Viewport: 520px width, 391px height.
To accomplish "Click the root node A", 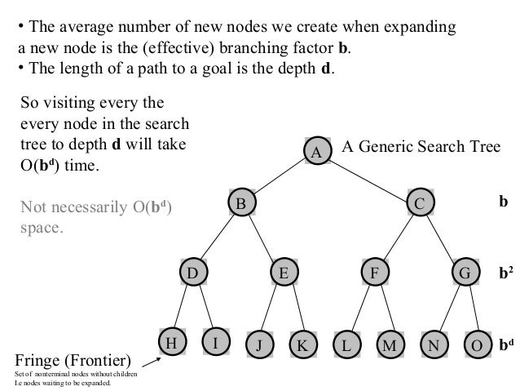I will click(318, 151).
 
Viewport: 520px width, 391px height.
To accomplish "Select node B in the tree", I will click(240, 203).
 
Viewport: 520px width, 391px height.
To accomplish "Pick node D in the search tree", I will click(193, 273).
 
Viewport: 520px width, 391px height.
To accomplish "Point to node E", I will click(284, 273).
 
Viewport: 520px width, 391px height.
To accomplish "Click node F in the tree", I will click(374, 273).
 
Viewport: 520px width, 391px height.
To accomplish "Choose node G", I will click(465, 273).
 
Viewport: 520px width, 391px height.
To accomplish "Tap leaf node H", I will click(171, 344).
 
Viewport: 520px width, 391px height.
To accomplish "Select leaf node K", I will click(302, 344).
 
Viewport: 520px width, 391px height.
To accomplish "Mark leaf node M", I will click(390, 344).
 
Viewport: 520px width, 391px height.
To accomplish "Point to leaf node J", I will click(258, 344).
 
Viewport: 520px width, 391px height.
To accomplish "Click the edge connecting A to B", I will click(279, 177).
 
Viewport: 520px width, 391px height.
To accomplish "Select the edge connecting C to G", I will click(442, 238).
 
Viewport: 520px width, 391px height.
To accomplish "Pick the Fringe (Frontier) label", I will click(73, 359).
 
